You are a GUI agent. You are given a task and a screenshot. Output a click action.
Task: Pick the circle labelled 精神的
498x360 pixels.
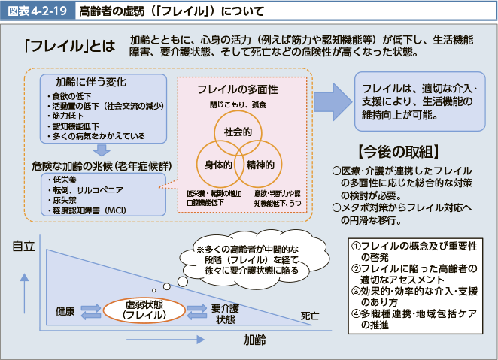(260, 163)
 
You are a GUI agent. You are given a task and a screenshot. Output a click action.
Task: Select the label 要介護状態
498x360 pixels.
(225, 313)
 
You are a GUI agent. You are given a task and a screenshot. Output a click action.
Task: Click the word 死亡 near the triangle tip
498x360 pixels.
(310, 315)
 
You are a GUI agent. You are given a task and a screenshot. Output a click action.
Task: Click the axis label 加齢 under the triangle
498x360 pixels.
(254, 340)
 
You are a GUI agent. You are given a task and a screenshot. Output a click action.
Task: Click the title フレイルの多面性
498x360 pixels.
(238, 89)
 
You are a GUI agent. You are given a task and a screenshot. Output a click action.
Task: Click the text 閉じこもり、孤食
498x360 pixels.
(236, 104)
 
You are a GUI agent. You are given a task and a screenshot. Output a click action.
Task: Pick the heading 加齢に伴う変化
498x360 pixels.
(90, 81)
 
